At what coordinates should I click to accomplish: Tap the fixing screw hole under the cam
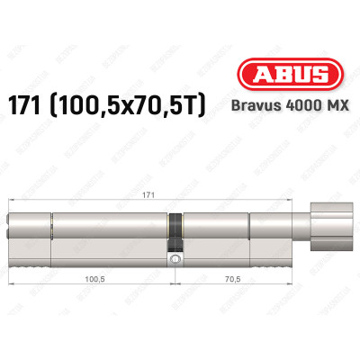175,261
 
